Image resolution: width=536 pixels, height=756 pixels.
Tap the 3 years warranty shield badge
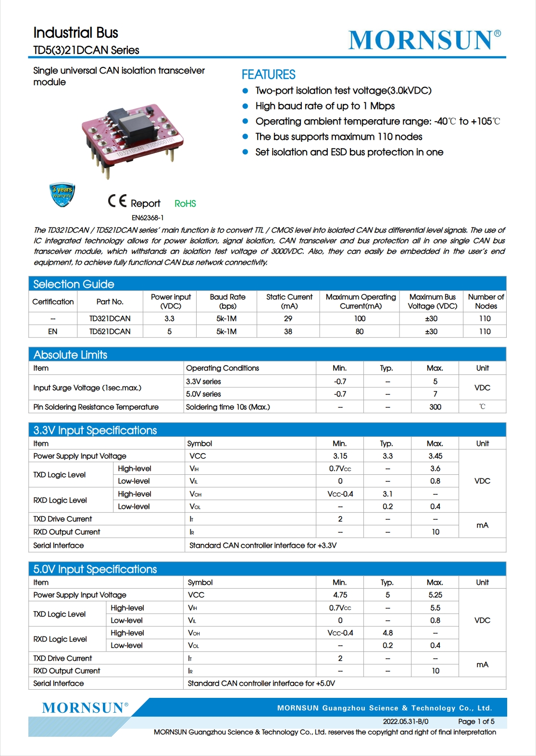(62, 195)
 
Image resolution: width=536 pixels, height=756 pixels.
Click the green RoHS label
(185, 204)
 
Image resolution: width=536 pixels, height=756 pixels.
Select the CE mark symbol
(117, 201)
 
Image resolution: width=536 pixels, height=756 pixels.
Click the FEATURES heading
(268, 74)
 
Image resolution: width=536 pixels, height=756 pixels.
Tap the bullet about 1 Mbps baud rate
(325, 106)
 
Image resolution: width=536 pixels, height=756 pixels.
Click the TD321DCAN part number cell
(110, 319)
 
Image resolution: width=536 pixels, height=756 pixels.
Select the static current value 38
(288, 332)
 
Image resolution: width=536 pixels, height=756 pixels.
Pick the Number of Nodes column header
(486, 301)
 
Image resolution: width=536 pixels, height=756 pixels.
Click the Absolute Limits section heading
(70, 355)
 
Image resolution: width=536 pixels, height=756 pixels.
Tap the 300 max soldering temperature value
(435, 407)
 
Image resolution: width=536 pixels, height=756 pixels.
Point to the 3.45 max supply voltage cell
(435, 456)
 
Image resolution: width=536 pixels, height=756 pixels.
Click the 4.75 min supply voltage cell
(340, 595)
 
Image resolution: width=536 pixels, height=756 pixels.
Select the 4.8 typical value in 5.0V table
(387, 633)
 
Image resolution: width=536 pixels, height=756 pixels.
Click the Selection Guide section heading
(74, 284)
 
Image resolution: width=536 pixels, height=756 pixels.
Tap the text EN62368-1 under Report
(148, 218)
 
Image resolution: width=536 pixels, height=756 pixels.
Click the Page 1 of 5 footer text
(476, 721)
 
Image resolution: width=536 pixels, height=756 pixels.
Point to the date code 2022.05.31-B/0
(405, 721)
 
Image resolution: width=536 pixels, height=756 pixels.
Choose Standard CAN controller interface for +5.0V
(261, 683)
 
